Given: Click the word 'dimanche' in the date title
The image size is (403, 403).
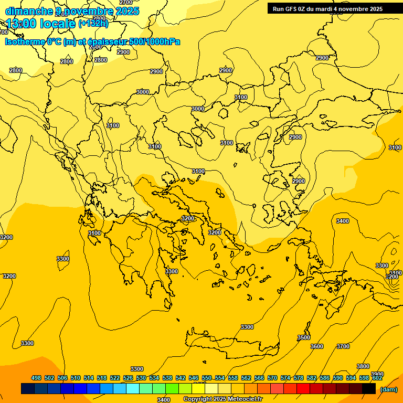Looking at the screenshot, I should click(x=29, y=11).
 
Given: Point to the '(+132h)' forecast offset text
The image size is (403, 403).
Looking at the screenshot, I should click(x=93, y=24).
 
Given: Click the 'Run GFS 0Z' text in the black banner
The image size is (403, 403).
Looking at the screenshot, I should click(x=290, y=9).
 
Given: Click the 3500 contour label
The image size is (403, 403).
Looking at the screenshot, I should click(x=303, y=337).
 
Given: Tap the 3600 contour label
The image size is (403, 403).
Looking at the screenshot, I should click(x=317, y=346).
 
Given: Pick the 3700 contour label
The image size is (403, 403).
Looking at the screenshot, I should click(x=343, y=346).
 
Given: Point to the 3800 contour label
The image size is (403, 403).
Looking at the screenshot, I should click(x=363, y=366).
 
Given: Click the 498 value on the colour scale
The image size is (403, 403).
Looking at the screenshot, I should click(x=36, y=378).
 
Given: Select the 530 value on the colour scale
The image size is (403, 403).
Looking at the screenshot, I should click(x=141, y=378).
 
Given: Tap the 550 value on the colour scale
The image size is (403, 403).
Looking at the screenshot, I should click(x=207, y=378).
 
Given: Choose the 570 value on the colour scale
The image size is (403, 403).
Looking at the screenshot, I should click(x=272, y=378).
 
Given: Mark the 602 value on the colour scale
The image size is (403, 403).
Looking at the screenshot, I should click(x=377, y=378).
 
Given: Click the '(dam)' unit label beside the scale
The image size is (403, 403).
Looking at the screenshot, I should click(x=389, y=389).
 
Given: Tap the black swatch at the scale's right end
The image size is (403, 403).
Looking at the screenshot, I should click(x=369, y=389).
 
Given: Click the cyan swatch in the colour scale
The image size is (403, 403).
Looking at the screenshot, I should click(x=133, y=389).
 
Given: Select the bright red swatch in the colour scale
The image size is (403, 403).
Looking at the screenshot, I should click(x=303, y=389).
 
